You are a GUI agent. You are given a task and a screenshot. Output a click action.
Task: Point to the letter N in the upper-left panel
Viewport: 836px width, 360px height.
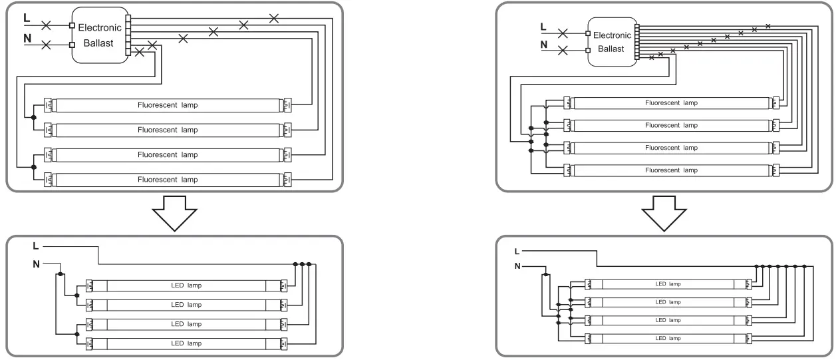[27, 39]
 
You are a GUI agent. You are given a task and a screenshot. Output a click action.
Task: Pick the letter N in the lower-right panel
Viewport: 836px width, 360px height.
[517, 266]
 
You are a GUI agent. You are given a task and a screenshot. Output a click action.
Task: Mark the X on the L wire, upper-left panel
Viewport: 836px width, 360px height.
[47, 26]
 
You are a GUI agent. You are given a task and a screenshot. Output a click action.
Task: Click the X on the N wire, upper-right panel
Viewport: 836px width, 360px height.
[563, 51]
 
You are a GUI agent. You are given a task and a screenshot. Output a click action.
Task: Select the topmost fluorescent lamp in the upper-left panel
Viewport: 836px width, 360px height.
[168, 105]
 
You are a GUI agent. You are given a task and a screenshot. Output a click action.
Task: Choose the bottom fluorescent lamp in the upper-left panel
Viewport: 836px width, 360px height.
[168, 179]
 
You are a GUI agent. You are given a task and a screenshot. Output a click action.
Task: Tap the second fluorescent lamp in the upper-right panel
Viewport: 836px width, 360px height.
[670, 125]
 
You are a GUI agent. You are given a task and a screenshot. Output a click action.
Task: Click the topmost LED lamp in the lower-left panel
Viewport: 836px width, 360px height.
[186, 285]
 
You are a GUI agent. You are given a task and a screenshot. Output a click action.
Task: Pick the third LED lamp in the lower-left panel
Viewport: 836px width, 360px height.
[186, 324]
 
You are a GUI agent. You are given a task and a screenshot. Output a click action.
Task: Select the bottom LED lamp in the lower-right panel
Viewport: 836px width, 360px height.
[668, 338]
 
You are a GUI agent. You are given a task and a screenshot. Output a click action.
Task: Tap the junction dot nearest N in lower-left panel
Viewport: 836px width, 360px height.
[61, 273]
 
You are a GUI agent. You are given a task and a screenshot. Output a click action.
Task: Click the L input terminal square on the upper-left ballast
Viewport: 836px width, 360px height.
[72, 26]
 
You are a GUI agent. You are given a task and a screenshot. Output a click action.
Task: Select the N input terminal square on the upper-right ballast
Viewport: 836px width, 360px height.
[588, 51]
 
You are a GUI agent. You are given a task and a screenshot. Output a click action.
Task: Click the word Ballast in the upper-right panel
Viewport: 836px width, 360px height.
[611, 49]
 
